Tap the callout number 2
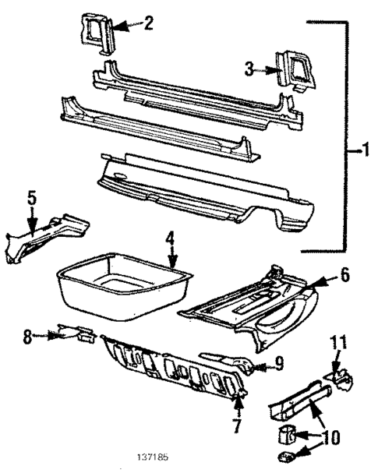tap(148, 23)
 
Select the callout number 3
tap(249, 70)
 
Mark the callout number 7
tap(237, 426)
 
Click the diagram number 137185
tap(154, 457)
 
